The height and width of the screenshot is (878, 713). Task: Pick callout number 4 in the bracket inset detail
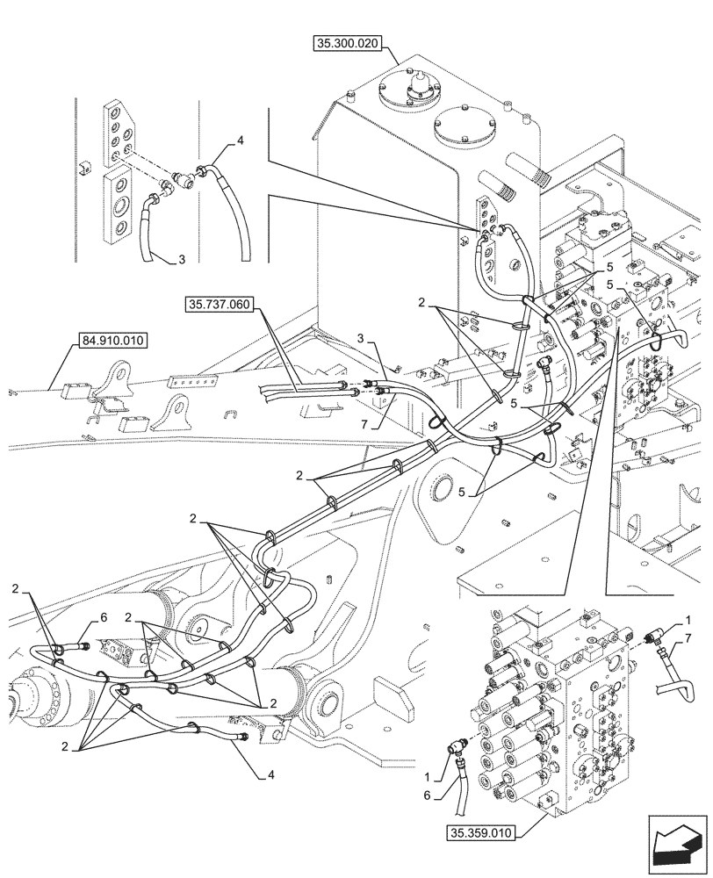241,140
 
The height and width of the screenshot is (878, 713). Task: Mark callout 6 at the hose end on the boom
103,617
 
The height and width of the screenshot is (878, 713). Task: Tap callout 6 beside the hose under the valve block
427,795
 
